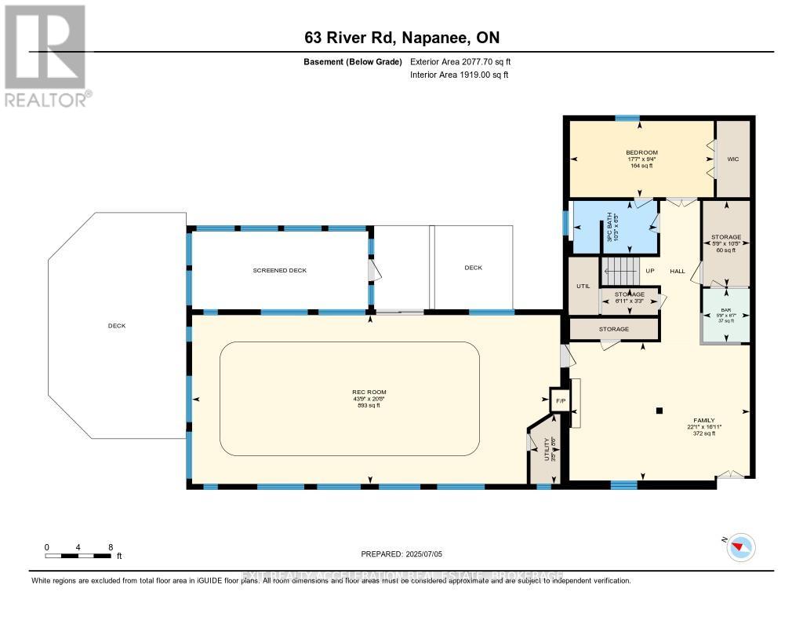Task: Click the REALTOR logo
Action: coord(45,55)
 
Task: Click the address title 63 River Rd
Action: coord(401,38)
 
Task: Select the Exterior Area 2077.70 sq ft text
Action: coord(460,61)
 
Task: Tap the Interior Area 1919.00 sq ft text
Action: coord(459,75)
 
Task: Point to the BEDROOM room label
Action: coord(641,152)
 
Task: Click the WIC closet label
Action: coord(733,159)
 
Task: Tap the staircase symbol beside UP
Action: coord(620,272)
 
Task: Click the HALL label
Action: coord(678,272)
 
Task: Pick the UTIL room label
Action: coord(583,286)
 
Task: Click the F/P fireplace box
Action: coord(560,400)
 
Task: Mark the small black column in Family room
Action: coord(659,409)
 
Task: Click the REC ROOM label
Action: coord(369,392)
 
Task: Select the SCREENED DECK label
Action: coord(280,270)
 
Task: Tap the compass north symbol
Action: coord(741,547)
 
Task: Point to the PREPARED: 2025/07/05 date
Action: coord(401,554)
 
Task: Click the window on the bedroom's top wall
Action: coord(627,119)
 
